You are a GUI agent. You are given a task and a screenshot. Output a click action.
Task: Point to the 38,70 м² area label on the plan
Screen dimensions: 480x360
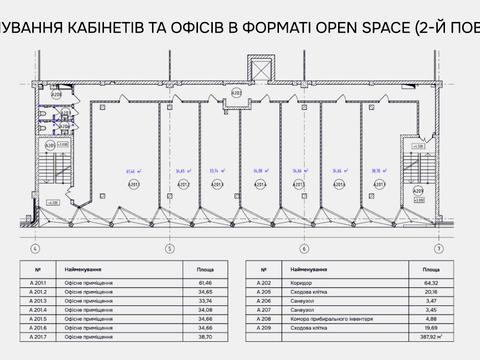click(377, 171)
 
